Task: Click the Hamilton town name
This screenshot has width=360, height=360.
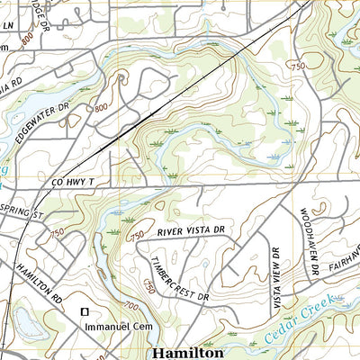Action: click(187, 352)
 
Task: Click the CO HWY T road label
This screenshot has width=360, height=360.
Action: click(74, 183)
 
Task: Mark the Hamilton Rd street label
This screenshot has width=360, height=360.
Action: click(41, 281)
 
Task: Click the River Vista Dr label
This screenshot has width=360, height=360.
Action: click(190, 231)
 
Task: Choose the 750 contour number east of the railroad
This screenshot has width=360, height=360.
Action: click(297, 67)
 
